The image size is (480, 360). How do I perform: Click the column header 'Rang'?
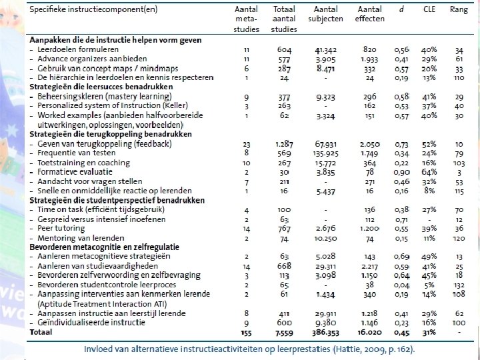point(459,9)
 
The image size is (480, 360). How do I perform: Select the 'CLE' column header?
point(429,9)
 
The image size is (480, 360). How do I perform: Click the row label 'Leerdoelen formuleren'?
point(79,49)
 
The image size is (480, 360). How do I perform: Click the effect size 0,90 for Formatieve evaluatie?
point(401,172)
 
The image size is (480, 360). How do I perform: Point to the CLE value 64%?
point(429,172)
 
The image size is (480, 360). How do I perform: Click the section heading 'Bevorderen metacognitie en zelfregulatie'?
point(100,247)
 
